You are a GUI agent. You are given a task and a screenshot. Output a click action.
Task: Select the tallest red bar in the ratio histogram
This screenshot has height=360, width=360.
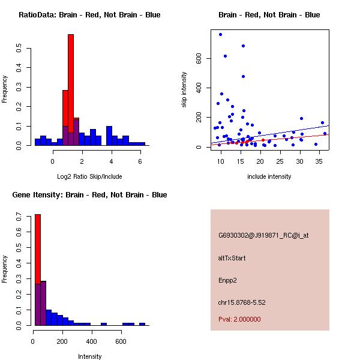pos(71,90)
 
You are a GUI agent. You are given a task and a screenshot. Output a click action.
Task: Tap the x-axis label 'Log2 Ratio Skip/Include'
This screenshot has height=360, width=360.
pos(89,176)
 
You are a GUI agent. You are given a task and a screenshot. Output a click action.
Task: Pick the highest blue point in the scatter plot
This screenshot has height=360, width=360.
pos(220,34)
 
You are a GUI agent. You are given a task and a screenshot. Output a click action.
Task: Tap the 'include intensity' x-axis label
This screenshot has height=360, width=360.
pos(269,176)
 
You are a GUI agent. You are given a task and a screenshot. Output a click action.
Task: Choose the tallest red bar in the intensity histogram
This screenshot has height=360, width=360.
pos(37,269)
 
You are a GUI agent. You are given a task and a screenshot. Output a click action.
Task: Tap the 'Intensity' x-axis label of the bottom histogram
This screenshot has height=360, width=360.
pos(90,356)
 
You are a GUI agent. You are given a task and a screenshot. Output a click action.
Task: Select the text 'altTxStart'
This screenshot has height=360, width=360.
pos(232,258)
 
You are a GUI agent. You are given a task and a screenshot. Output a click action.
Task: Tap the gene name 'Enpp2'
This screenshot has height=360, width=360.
pos(228,280)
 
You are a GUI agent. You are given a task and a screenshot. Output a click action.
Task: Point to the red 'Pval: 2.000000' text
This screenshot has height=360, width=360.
pos(239,319)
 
